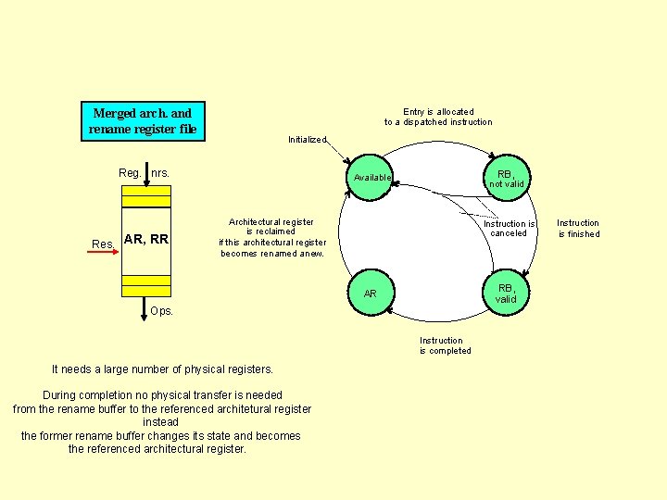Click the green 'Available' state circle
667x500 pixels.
(371, 177)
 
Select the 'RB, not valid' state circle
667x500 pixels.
(506, 178)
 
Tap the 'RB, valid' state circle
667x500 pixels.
(505, 293)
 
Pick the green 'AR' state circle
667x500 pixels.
(371, 294)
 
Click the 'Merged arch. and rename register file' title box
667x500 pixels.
(143, 121)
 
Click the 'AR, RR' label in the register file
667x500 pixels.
(146, 239)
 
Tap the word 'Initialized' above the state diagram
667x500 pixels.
(307, 140)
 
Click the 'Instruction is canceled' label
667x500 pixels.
(509, 229)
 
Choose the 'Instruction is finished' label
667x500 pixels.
(578, 229)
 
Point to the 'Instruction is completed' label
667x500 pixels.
(445, 345)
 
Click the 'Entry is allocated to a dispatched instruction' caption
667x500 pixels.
(438, 117)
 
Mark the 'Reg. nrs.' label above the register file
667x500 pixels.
(144, 173)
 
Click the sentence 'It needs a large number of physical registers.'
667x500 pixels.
(162, 369)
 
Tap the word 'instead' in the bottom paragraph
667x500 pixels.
(161, 422)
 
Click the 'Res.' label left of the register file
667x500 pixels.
(103, 244)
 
